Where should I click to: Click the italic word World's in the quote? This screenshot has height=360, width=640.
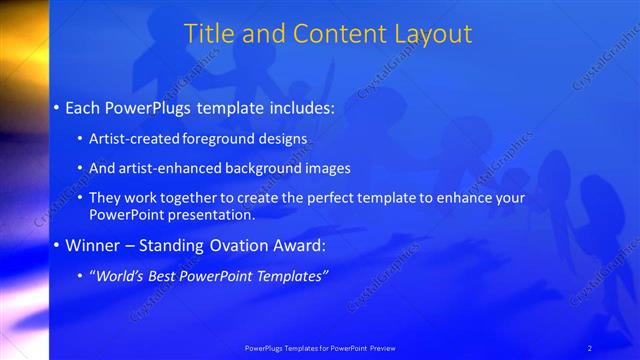122,276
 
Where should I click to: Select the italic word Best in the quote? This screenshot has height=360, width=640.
168,276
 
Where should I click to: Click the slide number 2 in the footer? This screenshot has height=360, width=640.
590,348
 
